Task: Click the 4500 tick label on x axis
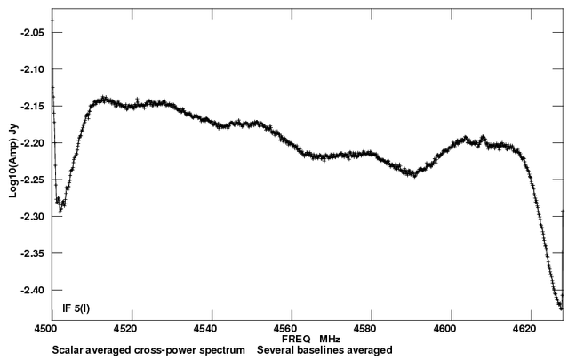(x=52, y=328)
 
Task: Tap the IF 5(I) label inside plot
(x=71, y=308)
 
